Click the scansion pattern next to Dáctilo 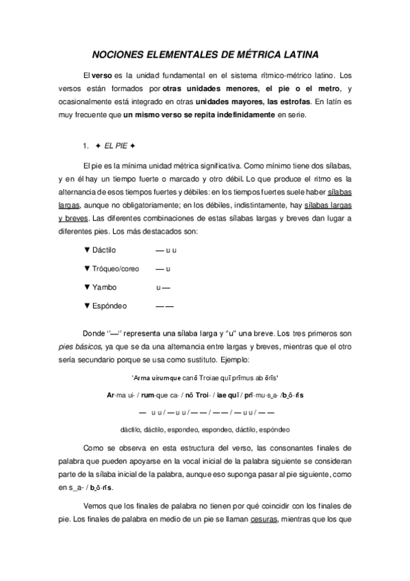[166, 251]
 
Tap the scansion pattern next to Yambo [163, 287]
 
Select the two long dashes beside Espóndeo [165, 306]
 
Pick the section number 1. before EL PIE [86, 145]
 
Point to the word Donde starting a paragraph [94, 333]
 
